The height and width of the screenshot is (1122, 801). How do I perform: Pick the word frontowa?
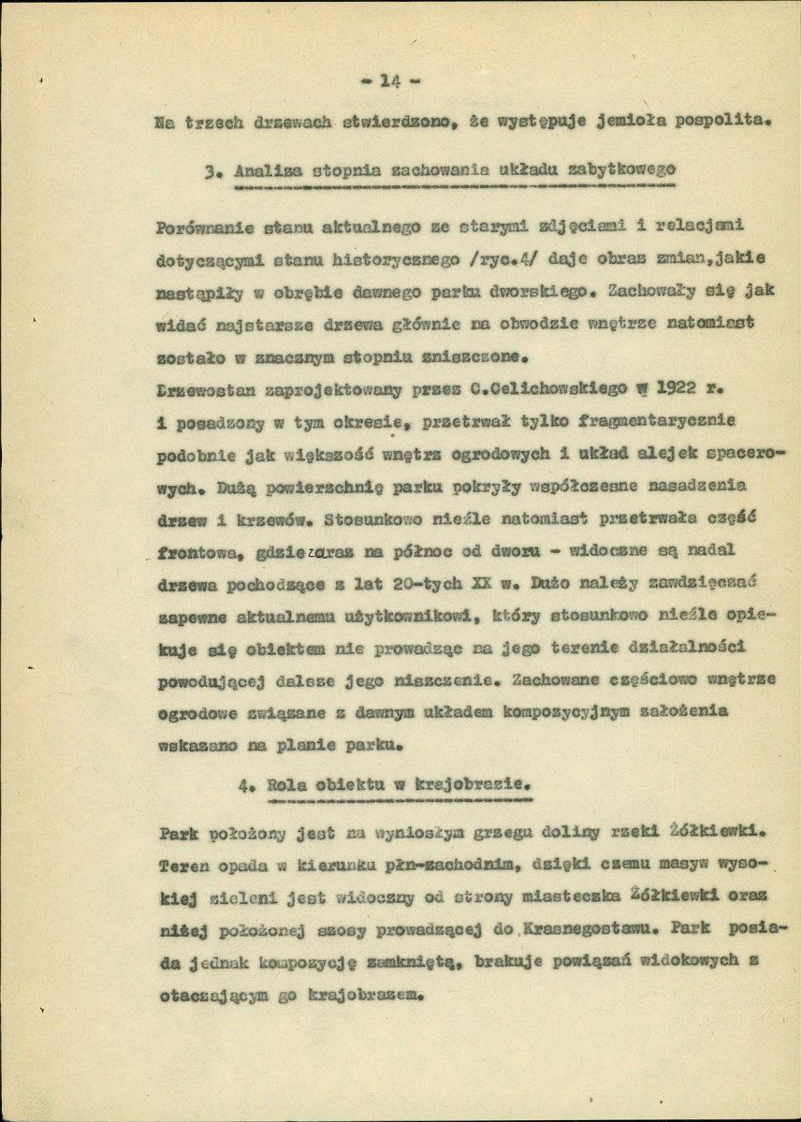[196, 552]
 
